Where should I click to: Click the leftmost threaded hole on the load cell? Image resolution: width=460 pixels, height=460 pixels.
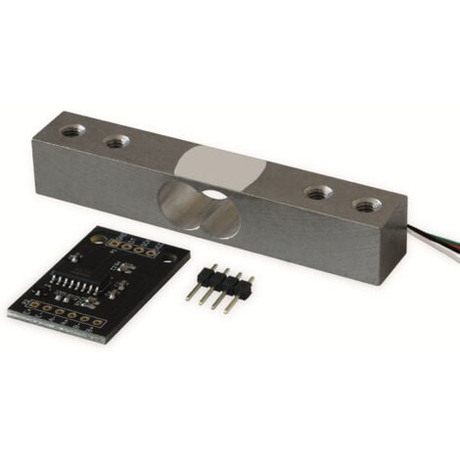(x=71, y=129)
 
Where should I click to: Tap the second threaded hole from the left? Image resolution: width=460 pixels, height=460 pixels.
(x=116, y=142)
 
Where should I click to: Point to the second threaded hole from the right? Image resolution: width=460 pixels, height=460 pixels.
(x=315, y=193)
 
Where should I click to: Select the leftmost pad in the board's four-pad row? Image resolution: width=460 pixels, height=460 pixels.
(x=115, y=241)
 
